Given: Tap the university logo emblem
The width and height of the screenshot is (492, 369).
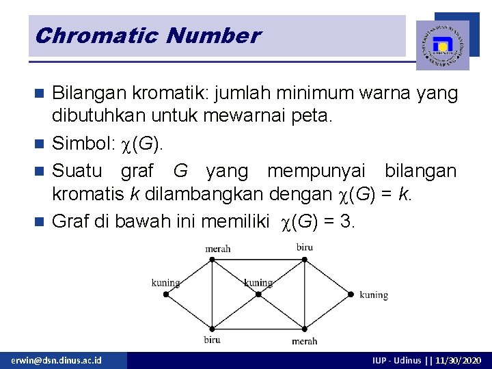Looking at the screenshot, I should pyautogui.click(x=442, y=45).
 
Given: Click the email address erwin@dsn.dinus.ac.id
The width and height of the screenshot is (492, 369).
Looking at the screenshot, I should pyautogui.click(x=56, y=359).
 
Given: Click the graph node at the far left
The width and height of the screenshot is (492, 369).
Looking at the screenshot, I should pyautogui.click(x=165, y=295).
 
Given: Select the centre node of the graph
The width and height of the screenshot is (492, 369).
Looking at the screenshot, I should pyautogui.click(x=258, y=295).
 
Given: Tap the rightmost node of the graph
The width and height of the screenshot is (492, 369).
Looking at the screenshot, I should pyautogui.click(x=351, y=295).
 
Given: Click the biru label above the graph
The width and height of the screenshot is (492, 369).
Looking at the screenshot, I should pyautogui.click(x=305, y=247).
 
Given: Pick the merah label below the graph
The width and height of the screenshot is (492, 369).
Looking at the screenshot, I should pyautogui.click(x=304, y=341).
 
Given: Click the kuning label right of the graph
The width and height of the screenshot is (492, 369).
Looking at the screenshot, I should pyautogui.click(x=374, y=295).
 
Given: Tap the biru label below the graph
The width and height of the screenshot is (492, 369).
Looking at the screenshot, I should pyautogui.click(x=212, y=340).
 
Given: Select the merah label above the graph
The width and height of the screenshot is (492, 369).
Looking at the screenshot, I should pyautogui.click(x=219, y=249).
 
